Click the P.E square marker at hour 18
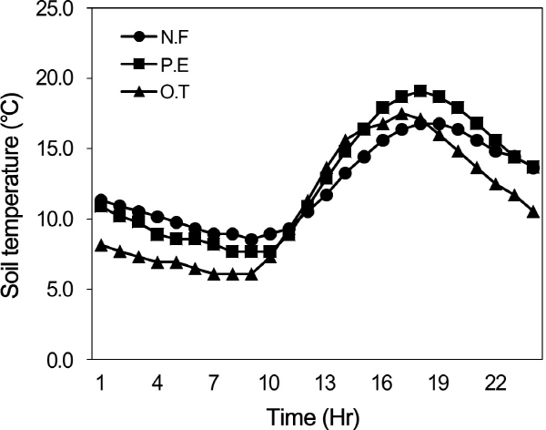[x=420, y=91]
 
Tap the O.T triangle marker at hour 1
[x=101, y=245]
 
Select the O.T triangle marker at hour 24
[x=533, y=211]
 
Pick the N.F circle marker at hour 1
[x=101, y=200]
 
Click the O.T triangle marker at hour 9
[x=251, y=274]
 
